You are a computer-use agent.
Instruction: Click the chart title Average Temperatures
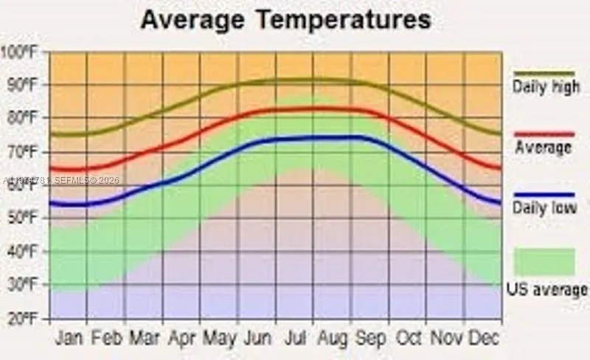click(x=285, y=20)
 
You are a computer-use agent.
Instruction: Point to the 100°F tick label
click(x=21, y=52)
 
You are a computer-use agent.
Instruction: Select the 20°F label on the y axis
click(x=22, y=319)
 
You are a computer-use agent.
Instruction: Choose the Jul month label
click(x=296, y=338)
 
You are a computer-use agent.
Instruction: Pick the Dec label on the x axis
click(x=484, y=338)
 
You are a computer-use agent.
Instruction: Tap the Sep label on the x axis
click(x=371, y=338)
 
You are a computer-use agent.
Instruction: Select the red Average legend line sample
click(x=544, y=134)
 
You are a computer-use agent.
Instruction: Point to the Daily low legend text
click(x=544, y=209)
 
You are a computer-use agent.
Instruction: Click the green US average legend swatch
click(x=544, y=262)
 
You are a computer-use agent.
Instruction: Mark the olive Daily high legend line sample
click(x=544, y=74)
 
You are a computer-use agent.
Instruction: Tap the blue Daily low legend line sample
click(x=544, y=195)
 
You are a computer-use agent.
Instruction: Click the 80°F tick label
click(x=22, y=119)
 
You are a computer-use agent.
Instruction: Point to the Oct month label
click(x=410, y=338)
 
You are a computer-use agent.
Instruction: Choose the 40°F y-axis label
click(x=22, y=252)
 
